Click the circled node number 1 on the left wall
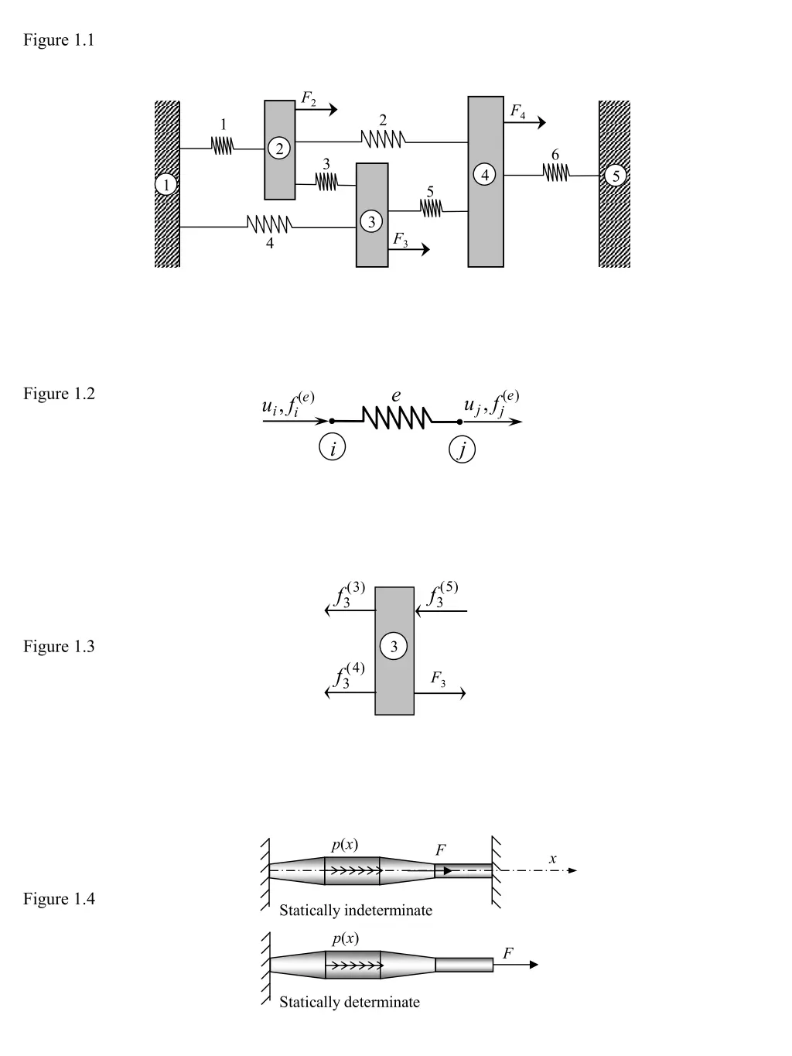coord(166,184)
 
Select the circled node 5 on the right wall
coord(616,175)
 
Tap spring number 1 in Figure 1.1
coord(222,145)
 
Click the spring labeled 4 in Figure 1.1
coord(269,224)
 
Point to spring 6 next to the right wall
coord(556,173)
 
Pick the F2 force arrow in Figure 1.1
coord(316,110)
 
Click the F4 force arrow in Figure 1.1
coord(524,122)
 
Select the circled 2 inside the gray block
coord(279,148)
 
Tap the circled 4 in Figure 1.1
coord(485,174)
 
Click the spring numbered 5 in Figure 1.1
coord(431,208)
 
